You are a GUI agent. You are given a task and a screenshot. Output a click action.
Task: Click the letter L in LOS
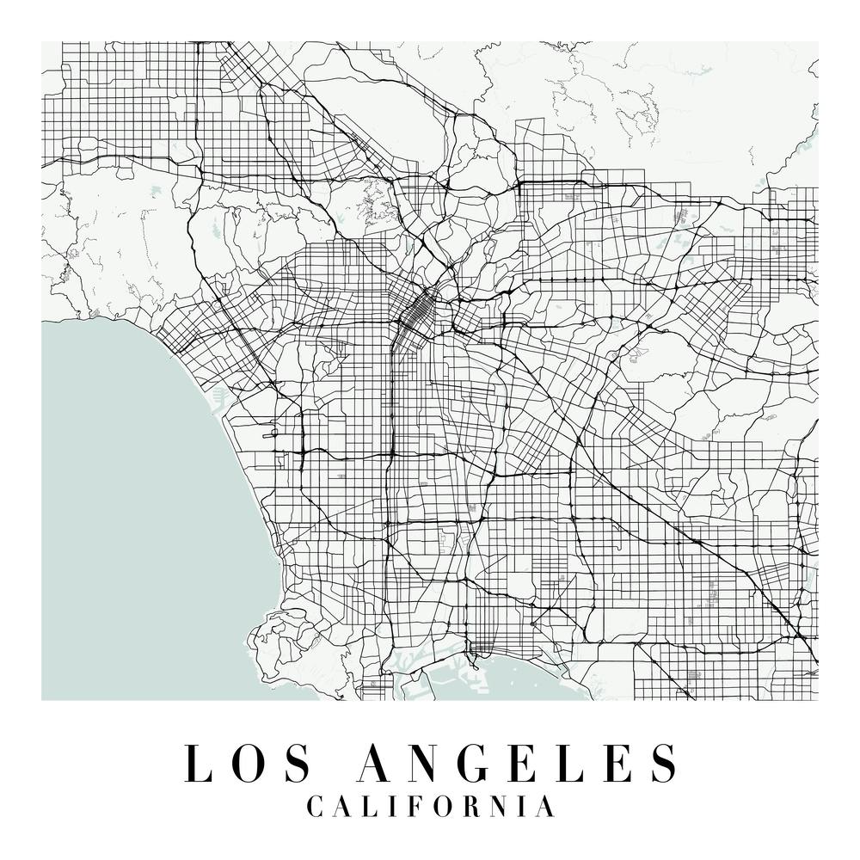coord(200,763)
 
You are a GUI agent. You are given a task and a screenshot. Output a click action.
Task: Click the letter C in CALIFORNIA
coord(315,808)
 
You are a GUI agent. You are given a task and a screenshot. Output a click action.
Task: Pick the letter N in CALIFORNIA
coord(499,808)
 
